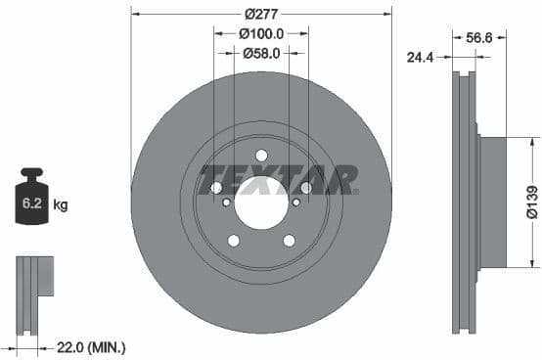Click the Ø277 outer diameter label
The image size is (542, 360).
tap(260, 14)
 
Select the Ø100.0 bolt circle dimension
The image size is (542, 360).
tap(260, 33)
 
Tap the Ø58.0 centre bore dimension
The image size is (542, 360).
tap(261, 53)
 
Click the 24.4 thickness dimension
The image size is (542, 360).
tap(421, 57)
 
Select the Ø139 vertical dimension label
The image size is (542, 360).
tap(529, 202)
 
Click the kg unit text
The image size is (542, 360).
tap(61, 205)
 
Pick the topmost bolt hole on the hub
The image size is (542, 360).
tap(261, 156)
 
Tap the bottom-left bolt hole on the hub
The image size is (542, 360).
tap(234, 241)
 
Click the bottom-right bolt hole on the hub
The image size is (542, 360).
tap(289, 241)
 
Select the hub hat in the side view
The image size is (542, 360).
tap(491, 202)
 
